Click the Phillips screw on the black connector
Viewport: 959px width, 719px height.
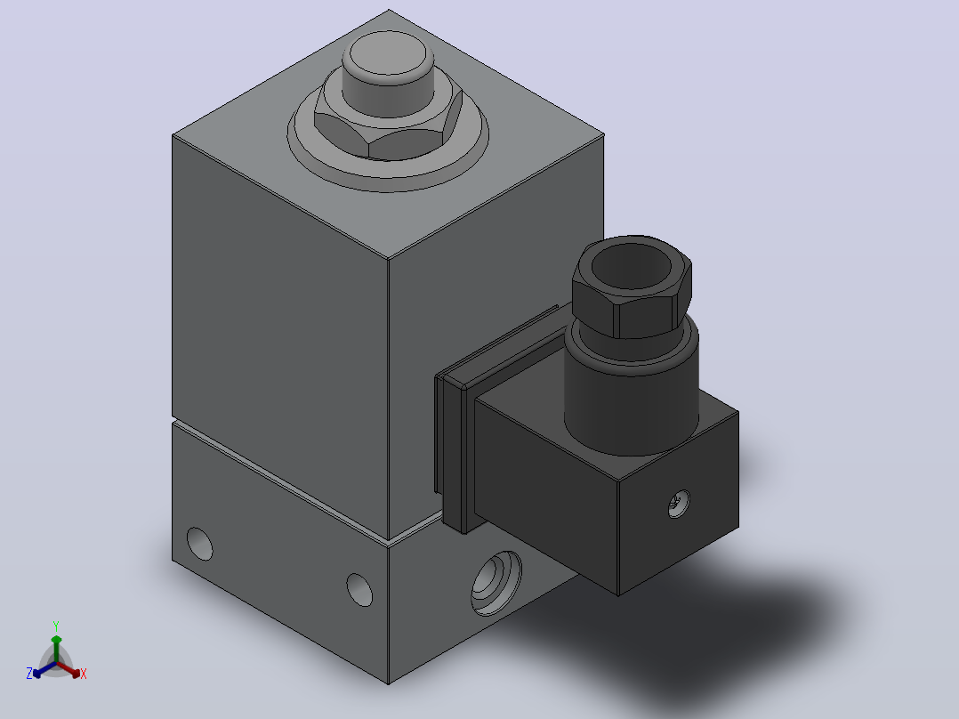point(679,504)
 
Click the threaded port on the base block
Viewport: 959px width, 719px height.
point(496,583)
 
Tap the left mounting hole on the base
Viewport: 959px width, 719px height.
point(199,544)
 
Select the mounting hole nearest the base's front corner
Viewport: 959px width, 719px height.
point(359,589)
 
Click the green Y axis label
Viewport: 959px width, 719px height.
point(56,626)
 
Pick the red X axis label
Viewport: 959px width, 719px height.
point(84,674)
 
